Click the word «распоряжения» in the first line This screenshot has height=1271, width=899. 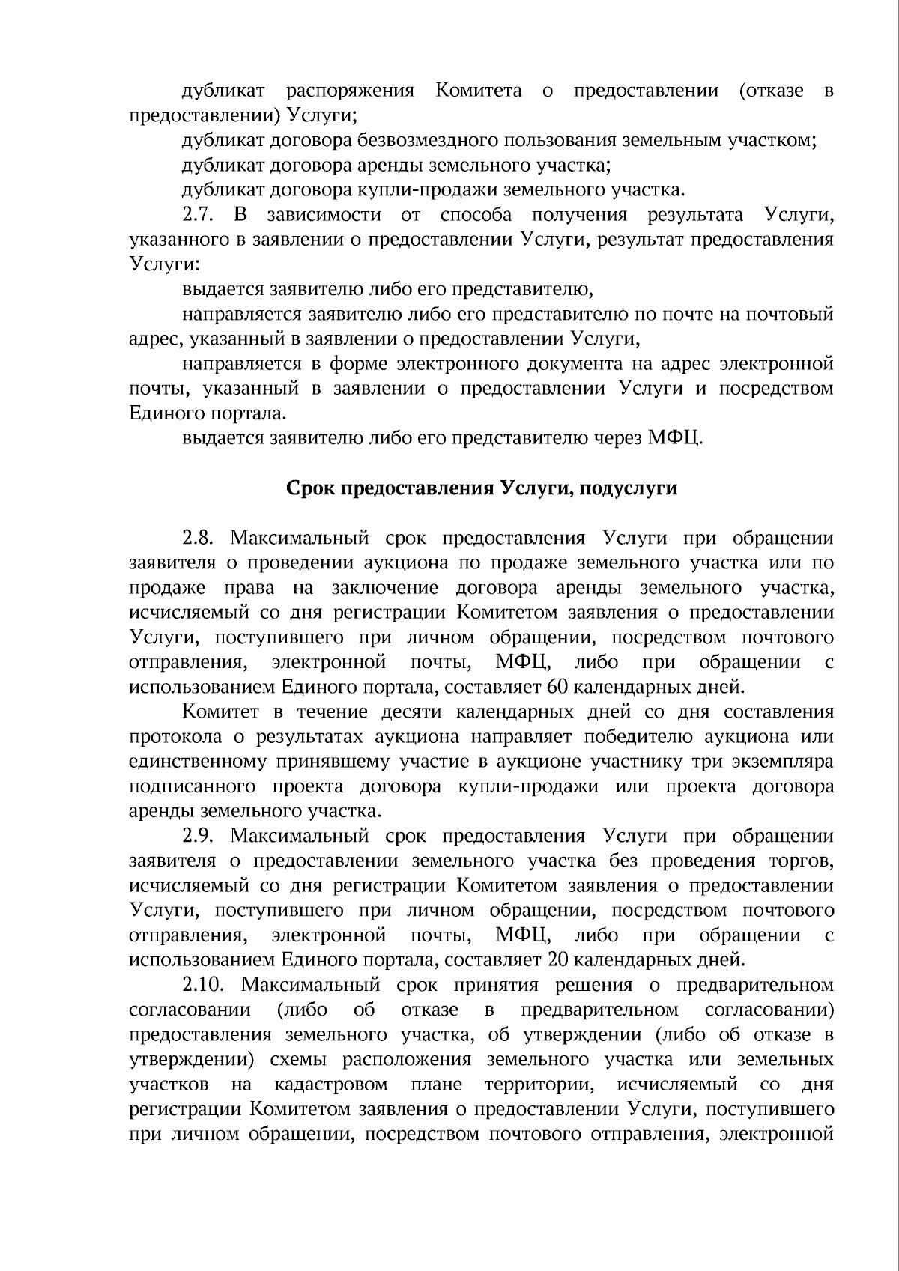click(x=350, y=91)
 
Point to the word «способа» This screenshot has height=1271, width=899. click(x=476, y=216)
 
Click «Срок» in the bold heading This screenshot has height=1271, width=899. click(x=311, y=489)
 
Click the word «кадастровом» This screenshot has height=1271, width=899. click(x=331, y=1084)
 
